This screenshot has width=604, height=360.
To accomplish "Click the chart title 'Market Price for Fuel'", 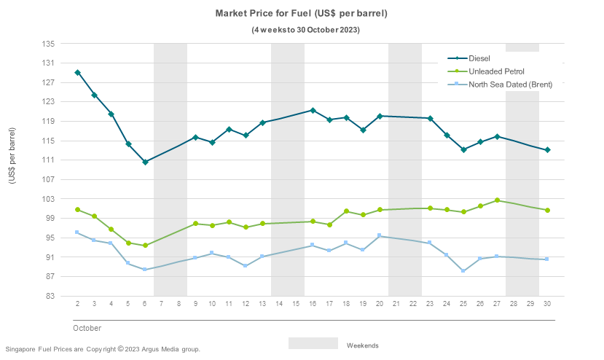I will pyautogui.click(x=302, y=14).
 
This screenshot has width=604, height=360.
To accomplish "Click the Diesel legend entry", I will pyautogui.click(x=479, y=58).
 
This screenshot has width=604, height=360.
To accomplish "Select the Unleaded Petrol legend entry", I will pyautogui.click(x=495, y=71).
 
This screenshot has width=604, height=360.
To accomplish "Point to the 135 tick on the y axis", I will pyautogui.click(x=49, y=44).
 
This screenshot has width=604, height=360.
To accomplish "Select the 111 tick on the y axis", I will pyautogui.click(x=49, y=160).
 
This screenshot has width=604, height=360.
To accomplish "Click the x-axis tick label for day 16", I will pyautogui.click(x=313, y=304).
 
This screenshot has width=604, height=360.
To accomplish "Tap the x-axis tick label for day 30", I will pyautogui.click(x=547, y=304).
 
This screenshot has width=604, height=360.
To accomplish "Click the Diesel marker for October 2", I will pyautogui.click(x=77, y=73).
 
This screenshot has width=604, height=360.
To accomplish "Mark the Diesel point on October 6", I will pyautogui.click(x=145, y=162).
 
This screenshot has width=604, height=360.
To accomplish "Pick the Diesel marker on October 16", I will pyautogui.click(x=313, y=110).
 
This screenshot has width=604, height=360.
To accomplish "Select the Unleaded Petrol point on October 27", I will pyautogui.click(x=497, y=200).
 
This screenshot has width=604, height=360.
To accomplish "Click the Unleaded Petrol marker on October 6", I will pyautogui.click(x=145, y=246).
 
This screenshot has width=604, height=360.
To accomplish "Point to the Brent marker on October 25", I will pyautogui.click(x=463, y=271).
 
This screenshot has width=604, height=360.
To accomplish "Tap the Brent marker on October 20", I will pyautogui.click(x=380, y=235).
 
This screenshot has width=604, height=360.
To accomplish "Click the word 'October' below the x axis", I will pyautogui.click(x=87, y=329).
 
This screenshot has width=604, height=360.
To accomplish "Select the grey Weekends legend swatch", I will pyautogui.click(x=313, y=343).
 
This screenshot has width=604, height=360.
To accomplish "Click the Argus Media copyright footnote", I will pyautogui.click(x=103, y=349).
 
